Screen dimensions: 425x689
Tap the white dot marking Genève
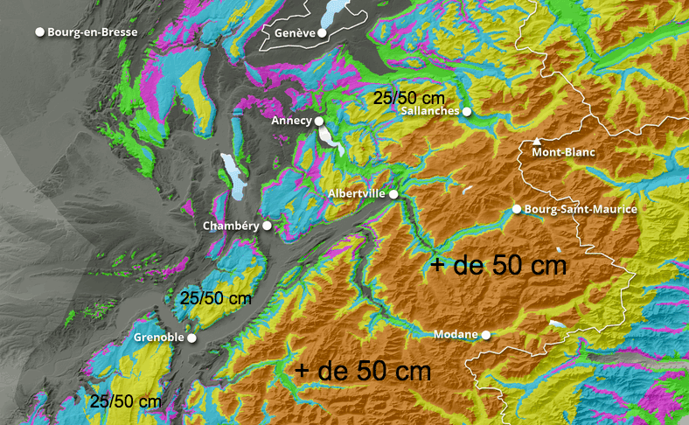click(322, 33)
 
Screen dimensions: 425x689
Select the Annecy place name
click(291, 121)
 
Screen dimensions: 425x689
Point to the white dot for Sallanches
click(468, 112)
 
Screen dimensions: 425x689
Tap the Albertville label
click(358, 193)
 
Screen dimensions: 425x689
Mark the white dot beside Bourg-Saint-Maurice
click(517, 209)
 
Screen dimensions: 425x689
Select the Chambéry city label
click(231, 226)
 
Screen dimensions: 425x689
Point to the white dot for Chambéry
click(267, 226)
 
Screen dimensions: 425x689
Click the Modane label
click(456, 335)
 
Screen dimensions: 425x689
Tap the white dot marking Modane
click(485, 335)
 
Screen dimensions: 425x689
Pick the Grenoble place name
click(158, 338)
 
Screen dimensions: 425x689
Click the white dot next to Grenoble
click(191, 338)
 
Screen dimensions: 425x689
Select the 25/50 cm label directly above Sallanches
click(409, 97)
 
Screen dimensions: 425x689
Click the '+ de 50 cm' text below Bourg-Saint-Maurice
click(498, 264)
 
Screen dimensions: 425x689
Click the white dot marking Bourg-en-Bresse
click(39, 32)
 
